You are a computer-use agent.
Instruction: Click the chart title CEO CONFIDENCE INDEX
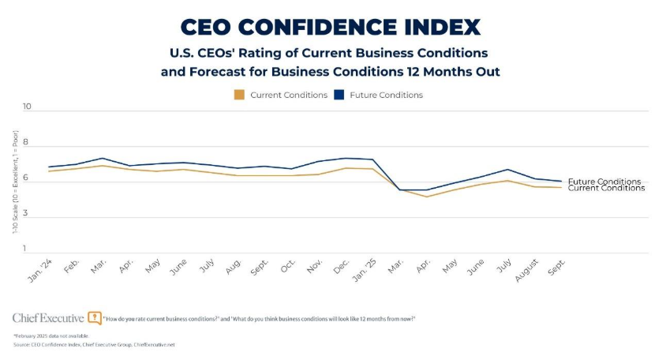click(330, 27)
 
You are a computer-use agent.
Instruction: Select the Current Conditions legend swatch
click(239, 95)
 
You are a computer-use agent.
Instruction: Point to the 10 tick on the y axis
click(26, 107)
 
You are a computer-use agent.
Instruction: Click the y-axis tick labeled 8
click(26, 144)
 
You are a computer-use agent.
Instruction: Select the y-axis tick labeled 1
click(26, 249)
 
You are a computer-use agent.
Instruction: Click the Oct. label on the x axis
click(287, 268)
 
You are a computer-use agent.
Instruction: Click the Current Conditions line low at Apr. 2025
click(427, 197)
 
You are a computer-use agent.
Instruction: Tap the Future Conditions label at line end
click(604, 182)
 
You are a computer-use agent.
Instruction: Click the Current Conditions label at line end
click(605, 188)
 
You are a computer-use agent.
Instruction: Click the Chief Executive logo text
click(48, 317)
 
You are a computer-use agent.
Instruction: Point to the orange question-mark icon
click(95, 317)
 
